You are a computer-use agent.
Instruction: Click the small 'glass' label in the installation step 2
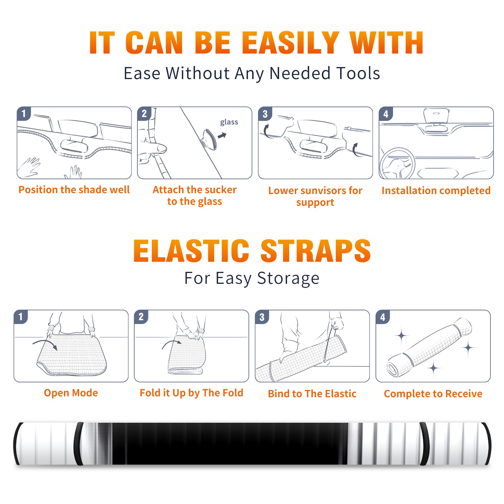229,122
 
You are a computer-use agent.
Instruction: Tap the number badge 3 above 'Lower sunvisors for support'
265,114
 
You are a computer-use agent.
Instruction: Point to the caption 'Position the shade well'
74,190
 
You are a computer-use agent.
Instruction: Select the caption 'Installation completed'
436,191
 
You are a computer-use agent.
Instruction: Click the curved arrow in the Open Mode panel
45,344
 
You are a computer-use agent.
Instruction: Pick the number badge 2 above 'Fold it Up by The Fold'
141,317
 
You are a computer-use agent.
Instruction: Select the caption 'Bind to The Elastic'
312,394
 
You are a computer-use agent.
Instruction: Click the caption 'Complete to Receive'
433,394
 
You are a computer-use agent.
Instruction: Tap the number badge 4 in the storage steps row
383,317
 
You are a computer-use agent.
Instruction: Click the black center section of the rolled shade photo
230,444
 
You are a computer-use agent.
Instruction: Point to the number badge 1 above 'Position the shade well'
24,114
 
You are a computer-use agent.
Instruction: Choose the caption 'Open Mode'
71,393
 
